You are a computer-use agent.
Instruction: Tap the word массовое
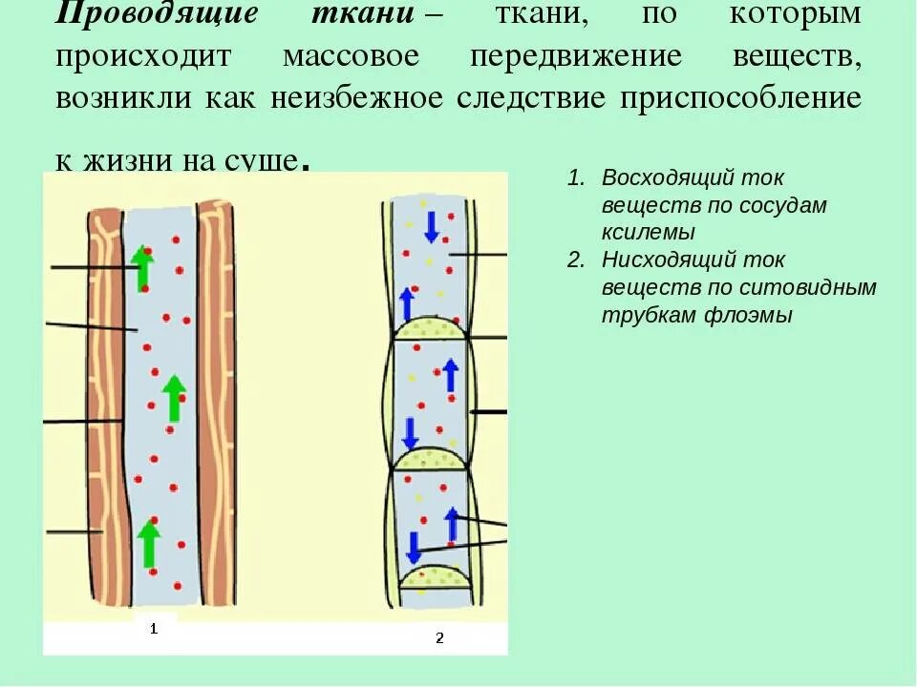coord(351,55)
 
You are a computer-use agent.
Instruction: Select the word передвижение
coord(576,55)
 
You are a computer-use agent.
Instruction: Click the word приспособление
coord(740,98)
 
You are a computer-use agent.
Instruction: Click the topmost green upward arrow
coord(142,267)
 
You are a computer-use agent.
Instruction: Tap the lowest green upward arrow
coord(148,543)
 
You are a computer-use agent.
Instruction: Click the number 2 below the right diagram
coord(439,637)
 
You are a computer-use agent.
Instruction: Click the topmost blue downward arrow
coord(431,225)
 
